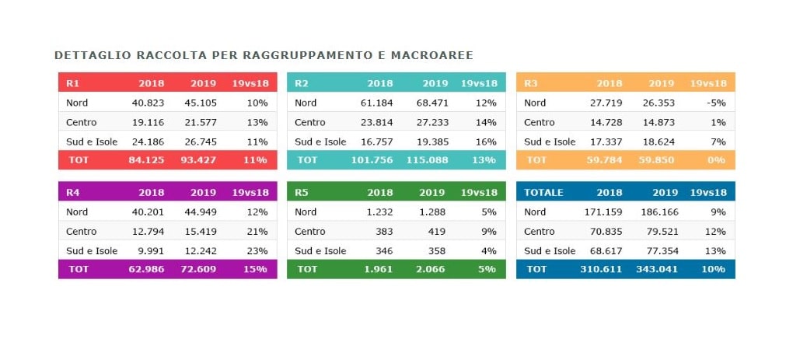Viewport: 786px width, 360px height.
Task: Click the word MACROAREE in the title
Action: pyautogui.click(x=437, y=56)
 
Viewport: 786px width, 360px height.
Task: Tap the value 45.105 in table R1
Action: pyautogui.click(x=201, y=103)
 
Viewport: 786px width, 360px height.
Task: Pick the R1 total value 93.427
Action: pyautogui.click(x=199, y=159)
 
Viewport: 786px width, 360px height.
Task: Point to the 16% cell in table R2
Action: pyautogui.click(x=485, y=142)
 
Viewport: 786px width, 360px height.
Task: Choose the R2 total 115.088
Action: pyautogui.click(x=428, y=159)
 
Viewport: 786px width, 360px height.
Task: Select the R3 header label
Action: pyautogui.click(x=531, y=83)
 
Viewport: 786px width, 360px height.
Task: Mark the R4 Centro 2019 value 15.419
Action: pyautogui.click(x=201, y=231)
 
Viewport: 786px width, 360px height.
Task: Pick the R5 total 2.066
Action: pyautogui.click(x=432, y=269)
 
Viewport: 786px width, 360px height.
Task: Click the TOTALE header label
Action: pyautogui.click(x=543, y=192)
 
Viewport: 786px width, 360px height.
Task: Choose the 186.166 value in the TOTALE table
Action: pyautogui.click(x=658, y=211)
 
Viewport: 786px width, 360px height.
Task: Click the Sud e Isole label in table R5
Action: pyautogui.click(x=320, y=251)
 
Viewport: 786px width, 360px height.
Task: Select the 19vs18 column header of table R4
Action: pyautogui.click(x=250, y=192)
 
